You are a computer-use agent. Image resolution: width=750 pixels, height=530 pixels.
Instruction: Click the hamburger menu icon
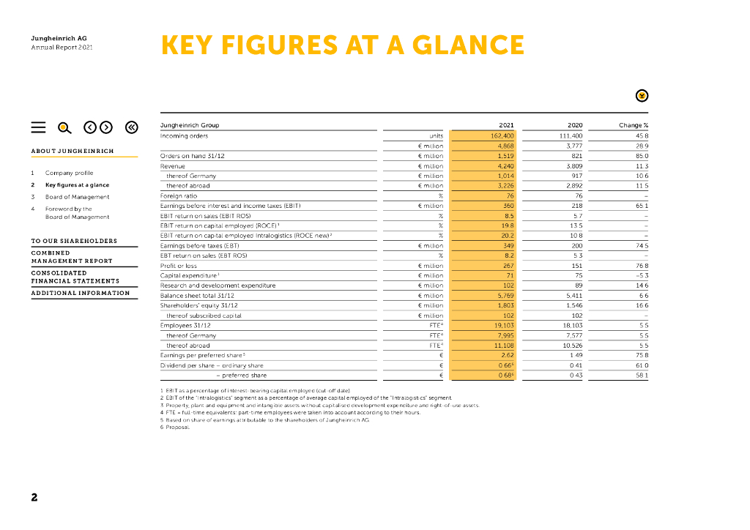(39, 127)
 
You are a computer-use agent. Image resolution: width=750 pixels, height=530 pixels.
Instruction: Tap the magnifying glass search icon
(64, 127)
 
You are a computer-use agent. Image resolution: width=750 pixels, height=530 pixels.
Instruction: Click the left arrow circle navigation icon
(89, 127)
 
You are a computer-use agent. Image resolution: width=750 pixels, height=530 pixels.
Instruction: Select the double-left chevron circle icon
(131, 127)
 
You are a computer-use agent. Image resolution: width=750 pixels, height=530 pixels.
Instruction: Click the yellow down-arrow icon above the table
(642, 95)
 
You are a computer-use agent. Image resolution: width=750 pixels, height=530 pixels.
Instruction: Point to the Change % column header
(634, 125)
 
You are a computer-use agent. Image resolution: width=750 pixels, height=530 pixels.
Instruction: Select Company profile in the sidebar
(69, 173)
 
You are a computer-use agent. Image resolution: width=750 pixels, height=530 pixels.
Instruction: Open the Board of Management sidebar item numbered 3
(77, 197)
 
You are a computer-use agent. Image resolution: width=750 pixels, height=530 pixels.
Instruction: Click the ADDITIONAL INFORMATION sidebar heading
(81, 293)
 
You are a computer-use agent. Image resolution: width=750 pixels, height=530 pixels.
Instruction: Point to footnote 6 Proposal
(177, 427)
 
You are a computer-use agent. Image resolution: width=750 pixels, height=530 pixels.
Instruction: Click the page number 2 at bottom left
(34, 498)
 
